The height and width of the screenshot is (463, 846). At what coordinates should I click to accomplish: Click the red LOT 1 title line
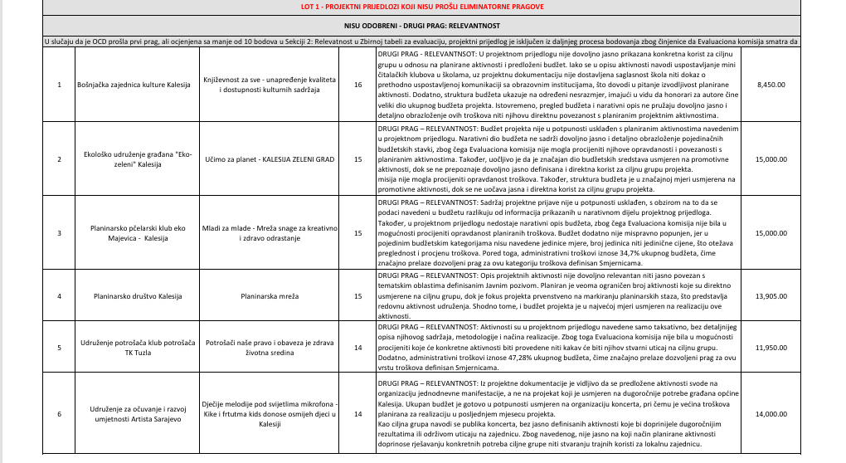[x=422, y=7]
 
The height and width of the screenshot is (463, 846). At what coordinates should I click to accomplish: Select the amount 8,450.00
[x=771, y=85]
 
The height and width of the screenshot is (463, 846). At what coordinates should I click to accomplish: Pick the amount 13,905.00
[x=771, y=295]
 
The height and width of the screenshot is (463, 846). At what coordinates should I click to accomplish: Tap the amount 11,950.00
[x=771, y=348]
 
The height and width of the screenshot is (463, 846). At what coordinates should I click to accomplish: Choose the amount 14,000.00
[x=771, y=413]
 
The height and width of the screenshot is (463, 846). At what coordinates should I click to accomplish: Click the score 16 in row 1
[x=357, y=85]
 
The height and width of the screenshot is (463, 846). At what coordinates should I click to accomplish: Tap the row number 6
[x=59, y=413]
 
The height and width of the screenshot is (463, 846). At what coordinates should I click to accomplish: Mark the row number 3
[x=59, y=233]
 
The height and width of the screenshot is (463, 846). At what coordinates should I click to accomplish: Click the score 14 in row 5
[x=357, y=348]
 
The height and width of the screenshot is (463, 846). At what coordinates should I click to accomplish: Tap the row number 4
[x=59, y=295]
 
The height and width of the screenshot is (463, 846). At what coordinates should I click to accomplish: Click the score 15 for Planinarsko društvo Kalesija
[x=357, y=295]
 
